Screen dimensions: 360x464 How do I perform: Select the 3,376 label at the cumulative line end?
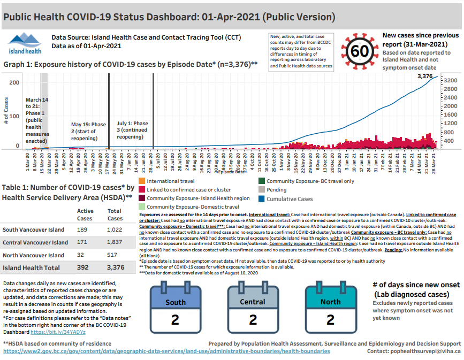coord(424,76)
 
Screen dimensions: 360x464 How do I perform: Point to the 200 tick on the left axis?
coord(14,83)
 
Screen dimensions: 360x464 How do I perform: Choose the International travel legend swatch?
coord(142,181)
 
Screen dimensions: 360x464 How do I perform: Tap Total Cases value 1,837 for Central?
coord(115,242)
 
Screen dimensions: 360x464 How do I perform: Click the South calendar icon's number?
coord(175,319)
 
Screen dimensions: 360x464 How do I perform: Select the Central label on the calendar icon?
coord(253,302)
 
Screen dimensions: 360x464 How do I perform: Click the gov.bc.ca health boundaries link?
coord(166,351)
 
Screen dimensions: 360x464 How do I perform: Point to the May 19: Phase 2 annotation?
coord(89,131)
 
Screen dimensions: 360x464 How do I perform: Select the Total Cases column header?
coord(115,215)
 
